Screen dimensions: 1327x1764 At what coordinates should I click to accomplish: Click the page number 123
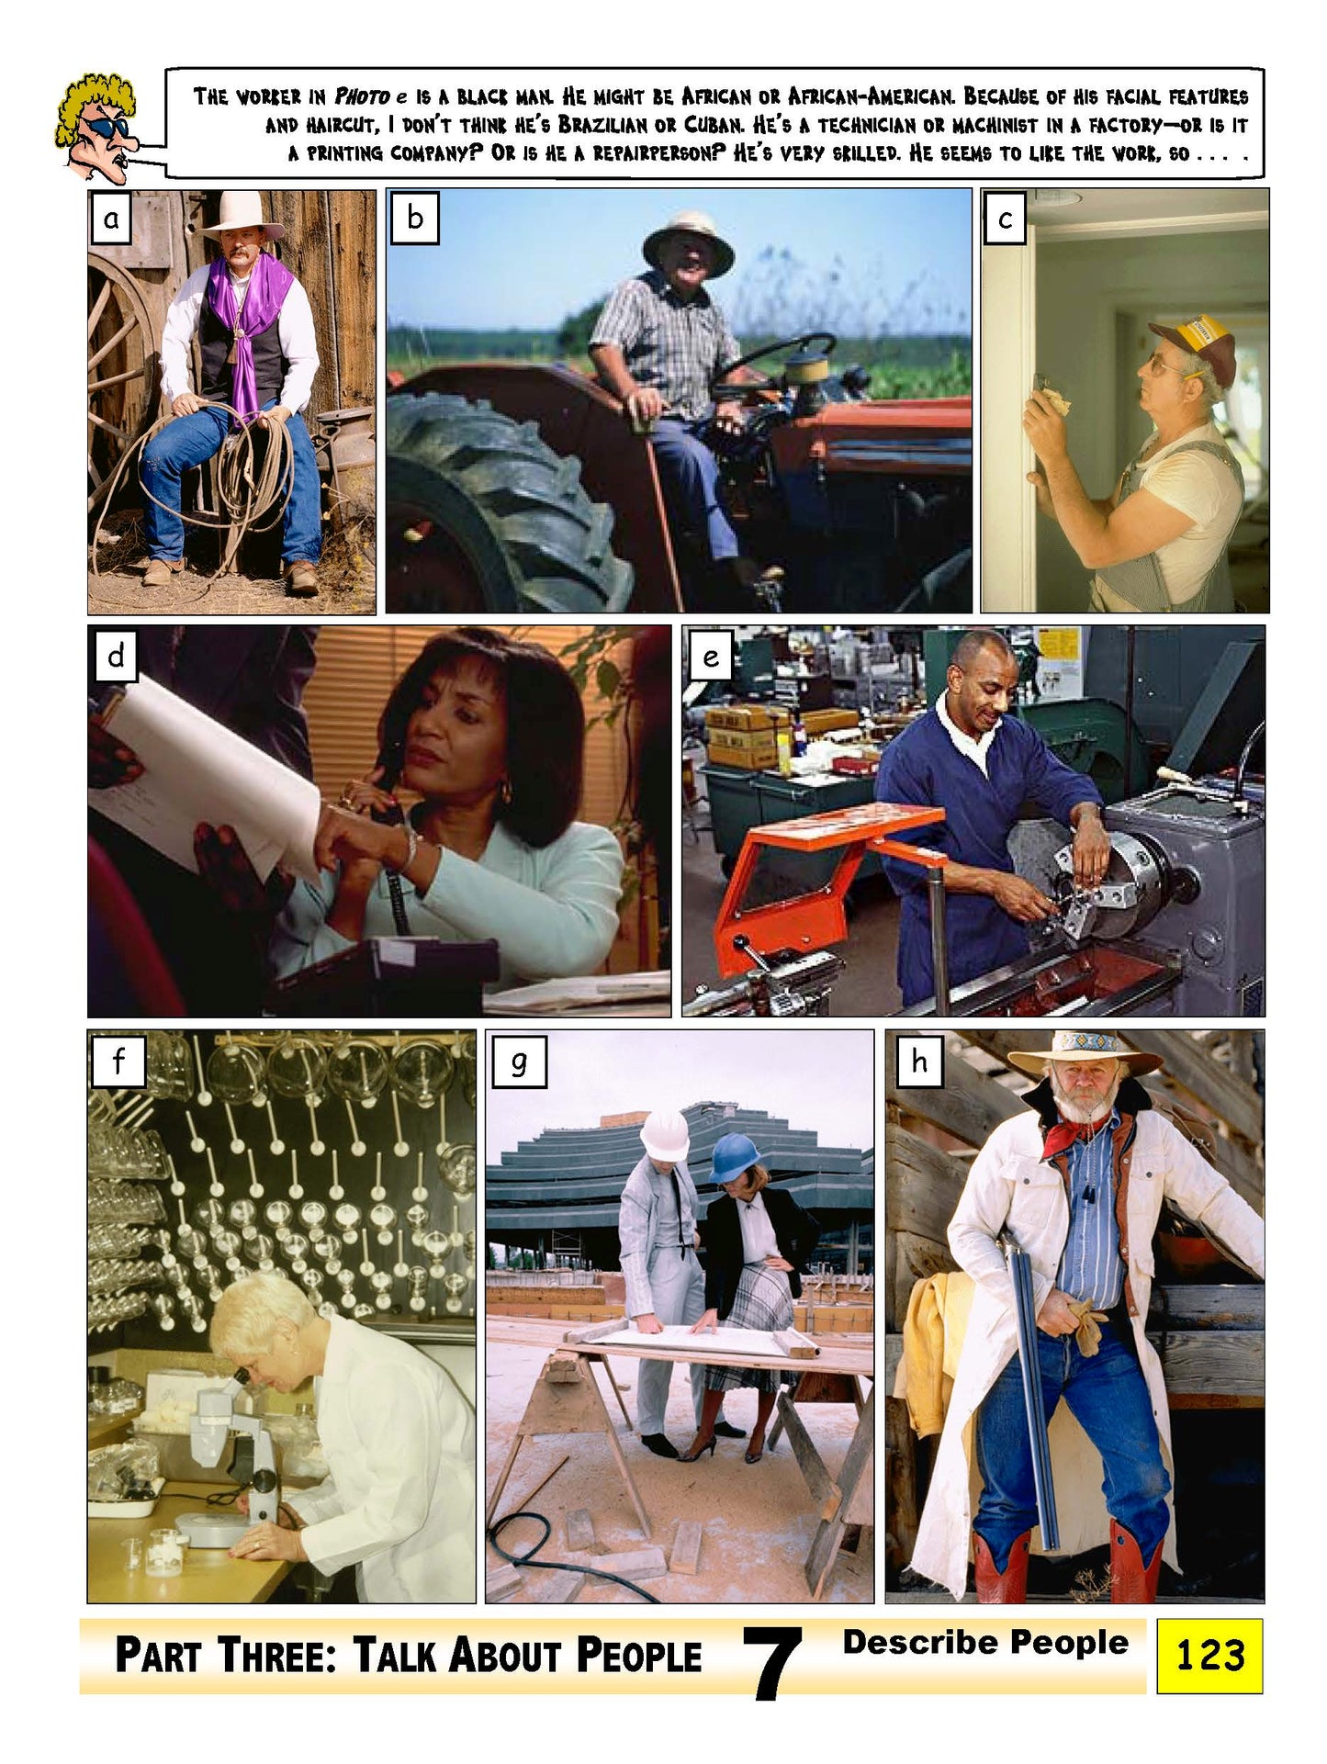pos(1209,1655)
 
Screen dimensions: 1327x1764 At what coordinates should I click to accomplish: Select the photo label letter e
pos(710,657)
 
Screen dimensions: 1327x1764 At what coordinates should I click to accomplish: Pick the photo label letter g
pos(518,1063)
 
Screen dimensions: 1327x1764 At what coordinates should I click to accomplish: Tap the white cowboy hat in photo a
pos(242,214)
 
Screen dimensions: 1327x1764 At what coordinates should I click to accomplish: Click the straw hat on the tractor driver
pos(688,235)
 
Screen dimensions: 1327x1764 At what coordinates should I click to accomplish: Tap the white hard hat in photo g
pos(665,1135)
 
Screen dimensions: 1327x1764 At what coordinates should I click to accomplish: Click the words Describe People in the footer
pos(984,1643)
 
